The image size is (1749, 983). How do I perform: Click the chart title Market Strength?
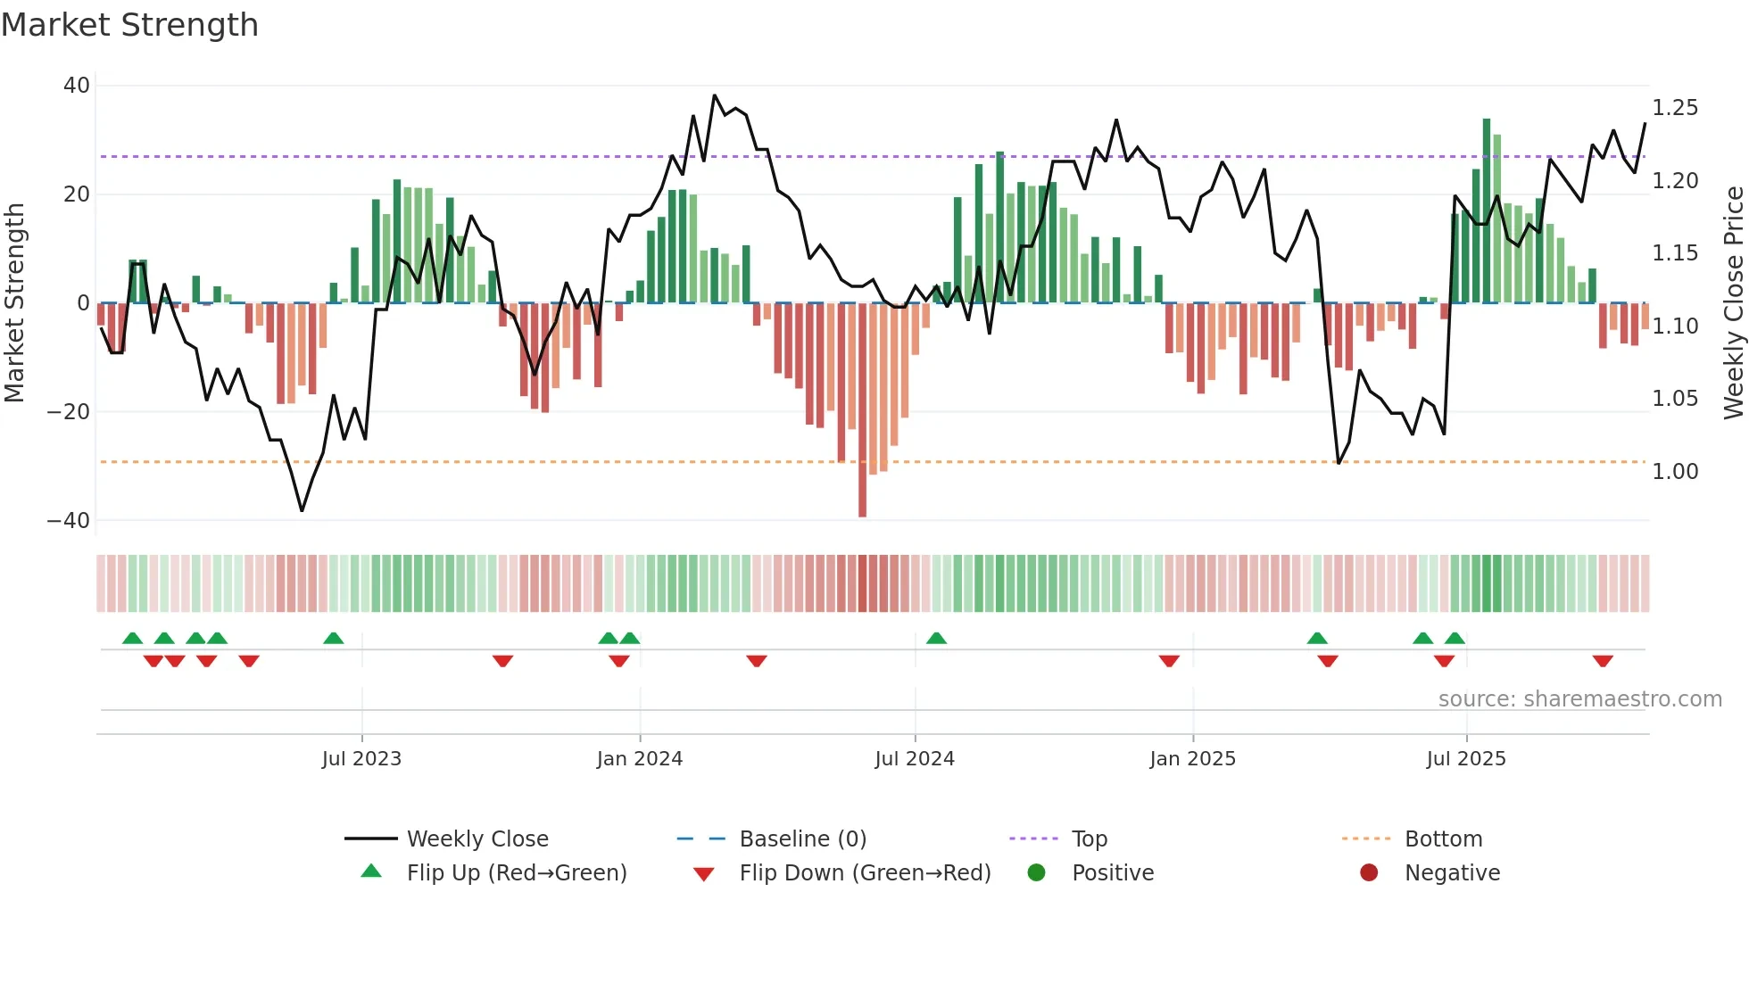click(129, 25)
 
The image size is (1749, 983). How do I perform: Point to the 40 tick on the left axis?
click(77, 86)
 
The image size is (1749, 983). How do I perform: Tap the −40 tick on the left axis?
click(69, 520)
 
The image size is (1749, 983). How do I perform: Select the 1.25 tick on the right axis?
click(1675, 108)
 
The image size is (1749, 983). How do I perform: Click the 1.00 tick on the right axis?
click(1675, 472)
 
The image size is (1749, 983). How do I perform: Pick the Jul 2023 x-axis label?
click(361, 759)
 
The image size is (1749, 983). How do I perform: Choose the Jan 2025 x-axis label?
click(1192, 759)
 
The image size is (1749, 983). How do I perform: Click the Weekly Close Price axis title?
click(1733, 303)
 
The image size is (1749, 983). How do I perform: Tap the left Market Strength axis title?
click(15, 303)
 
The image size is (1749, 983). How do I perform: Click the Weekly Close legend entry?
click(477, 839)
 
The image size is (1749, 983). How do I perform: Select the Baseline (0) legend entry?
click(802, 839)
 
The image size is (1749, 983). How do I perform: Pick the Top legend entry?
click(1089, 839)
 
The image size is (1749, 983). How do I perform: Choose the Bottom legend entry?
click(1443, 839)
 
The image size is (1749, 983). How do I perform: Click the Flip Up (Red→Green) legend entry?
click(516, 873)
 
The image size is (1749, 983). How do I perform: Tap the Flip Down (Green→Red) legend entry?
click(864, 873)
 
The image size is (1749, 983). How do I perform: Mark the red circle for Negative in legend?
click(1369, 873)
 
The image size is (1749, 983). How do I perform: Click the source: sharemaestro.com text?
click(1579, 699)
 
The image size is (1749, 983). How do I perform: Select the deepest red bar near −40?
click(862, 410)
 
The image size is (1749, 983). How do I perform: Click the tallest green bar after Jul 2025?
click(1487, 211)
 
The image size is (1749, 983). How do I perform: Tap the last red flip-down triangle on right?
click(1603, 661)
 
